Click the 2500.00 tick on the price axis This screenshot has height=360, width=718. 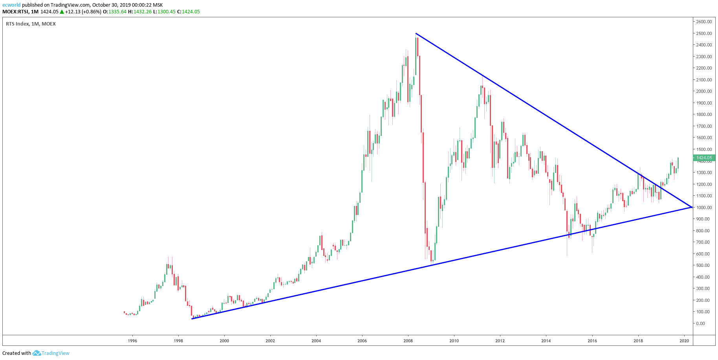(x=704, y=33)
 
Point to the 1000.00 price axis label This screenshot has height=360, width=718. (x=704, y=208)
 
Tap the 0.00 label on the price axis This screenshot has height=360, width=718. (x=700, y=323)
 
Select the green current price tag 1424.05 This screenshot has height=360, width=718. (x=704, y=158)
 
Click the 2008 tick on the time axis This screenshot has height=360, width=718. (x=408, y=341)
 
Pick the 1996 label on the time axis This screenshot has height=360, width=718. (x=132, y=341)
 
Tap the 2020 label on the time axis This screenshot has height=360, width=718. (x=684, y=341)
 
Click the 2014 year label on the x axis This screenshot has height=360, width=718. (x=546, y=341)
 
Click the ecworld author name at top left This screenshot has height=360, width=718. (x=11, y=5)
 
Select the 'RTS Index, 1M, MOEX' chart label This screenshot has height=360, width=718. (x=31, y=24)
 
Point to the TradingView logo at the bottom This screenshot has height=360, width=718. (x=51, y=353)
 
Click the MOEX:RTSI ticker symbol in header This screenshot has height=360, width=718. (x=15, y=12)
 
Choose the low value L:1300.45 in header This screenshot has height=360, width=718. (x=165, y=12)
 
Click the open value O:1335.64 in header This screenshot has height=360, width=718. (x=115, y=12)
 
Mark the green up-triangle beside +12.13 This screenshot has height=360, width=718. (x=62, y=12)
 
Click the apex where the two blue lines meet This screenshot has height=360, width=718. (x=691, y=207)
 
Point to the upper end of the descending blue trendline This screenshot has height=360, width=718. (x=416, y=33)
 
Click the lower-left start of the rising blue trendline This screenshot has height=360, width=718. (x=192, y=319)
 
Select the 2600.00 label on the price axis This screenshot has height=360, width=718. (x=704, y=22)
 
